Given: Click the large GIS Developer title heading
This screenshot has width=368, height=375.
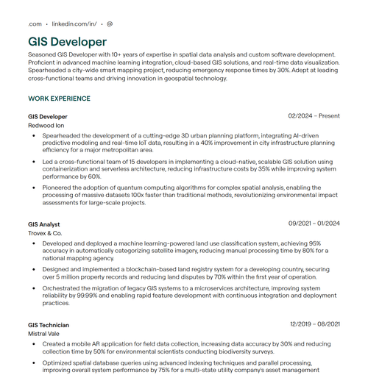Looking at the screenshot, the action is tap(67, 42).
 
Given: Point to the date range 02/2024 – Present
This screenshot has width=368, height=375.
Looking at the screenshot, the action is tap(314, 116).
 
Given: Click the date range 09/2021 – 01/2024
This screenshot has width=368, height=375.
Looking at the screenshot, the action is tap(314, 224).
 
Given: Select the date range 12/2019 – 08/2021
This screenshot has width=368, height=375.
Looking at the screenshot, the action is tap(314, 324).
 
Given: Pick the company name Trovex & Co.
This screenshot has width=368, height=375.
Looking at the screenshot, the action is tap(45, 233).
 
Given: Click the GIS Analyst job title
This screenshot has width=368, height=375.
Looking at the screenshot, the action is tap(44, 224).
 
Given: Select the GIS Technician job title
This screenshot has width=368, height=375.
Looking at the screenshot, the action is tap(49, 324).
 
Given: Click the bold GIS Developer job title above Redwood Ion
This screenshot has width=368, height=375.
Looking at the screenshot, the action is tap(48, 116).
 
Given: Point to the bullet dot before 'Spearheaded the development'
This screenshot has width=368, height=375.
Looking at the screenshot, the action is tap(33, 136).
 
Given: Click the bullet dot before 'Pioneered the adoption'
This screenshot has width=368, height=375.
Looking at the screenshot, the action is tap(33, 187).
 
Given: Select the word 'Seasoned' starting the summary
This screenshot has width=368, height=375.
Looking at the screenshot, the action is tap(42, 55).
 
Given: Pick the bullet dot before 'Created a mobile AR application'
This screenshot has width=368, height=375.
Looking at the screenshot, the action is tap(33, 343).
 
